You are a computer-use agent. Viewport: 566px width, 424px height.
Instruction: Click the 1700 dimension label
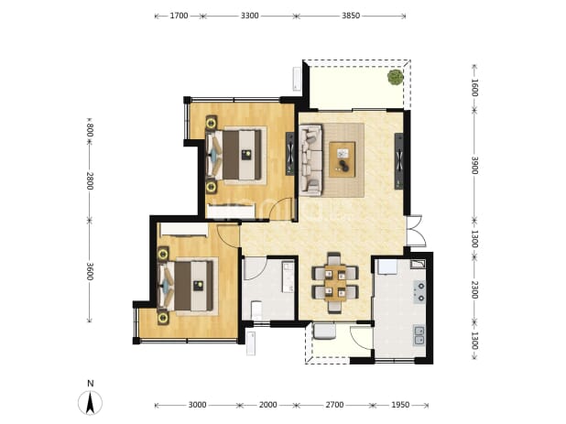(x=179, y=16)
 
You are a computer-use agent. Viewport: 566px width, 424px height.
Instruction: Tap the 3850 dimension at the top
(x=351, y=16)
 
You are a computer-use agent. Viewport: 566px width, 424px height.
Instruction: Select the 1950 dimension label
(x=400, y=405)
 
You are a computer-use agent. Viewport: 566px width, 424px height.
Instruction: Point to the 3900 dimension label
(x=474, y=166)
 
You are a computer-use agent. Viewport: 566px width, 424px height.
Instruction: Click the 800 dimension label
(x=90, y=130)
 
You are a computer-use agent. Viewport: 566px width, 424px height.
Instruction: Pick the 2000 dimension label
(x=267, y=405)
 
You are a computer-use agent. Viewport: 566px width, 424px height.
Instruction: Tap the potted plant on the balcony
(x=396, y=77)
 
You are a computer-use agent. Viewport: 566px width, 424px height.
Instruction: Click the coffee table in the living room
(x=342, y=159)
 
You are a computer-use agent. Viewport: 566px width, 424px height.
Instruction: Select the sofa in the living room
(x=310, y=160)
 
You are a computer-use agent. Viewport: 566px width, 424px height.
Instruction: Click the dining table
(x=335, y=283)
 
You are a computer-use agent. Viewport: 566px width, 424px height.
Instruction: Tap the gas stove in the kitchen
(x=419, y=292)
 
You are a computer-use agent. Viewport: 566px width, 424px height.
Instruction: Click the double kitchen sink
(x=419, y=335)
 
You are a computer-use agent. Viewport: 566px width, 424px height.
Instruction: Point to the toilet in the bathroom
(x=256, y=310)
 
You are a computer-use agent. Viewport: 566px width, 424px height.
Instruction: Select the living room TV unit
(x=399, y=161)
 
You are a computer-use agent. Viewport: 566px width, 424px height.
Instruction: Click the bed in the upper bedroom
(x=234, y=155)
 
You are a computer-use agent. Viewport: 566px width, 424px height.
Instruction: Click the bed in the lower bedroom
(x=188, y=286)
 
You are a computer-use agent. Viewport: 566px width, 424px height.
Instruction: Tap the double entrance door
(x=414, y=231)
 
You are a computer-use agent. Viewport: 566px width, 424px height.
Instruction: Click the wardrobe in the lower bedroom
(x=184, y=230)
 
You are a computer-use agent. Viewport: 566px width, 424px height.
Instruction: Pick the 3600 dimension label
(x=90, y=271)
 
